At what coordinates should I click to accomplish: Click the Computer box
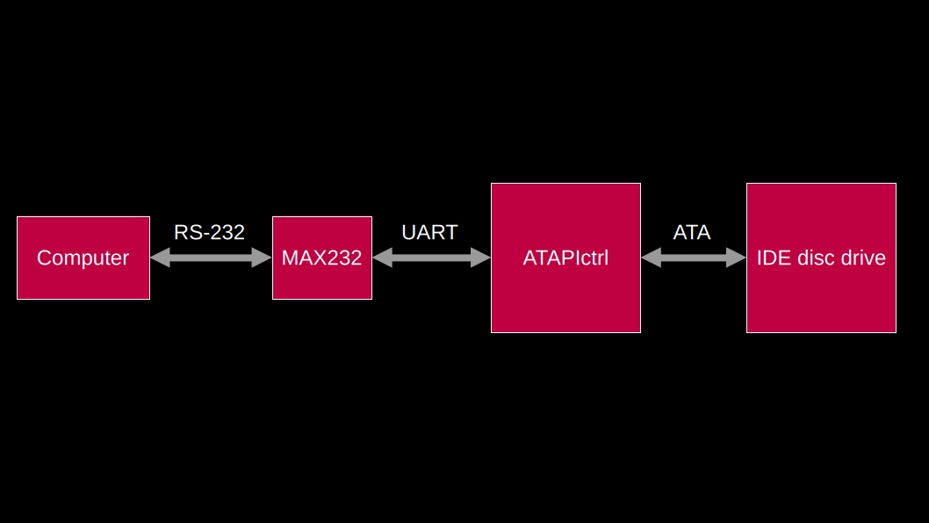click(83, 258)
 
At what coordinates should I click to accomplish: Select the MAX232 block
click(321, 258)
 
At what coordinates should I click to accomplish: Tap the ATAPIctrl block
click(565, 258)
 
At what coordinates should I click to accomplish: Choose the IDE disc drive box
click(821, 258)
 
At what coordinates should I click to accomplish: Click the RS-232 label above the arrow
click(209, 232)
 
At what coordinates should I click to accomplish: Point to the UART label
click(429, 232)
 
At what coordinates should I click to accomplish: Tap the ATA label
click(692, 232)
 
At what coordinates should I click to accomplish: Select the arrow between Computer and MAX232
click(211, 258)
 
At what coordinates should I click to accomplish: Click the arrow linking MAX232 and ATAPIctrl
click(431, 258)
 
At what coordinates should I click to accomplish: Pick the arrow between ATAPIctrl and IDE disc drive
click(694, 258)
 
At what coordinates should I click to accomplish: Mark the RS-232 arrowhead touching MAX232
click(263, 258)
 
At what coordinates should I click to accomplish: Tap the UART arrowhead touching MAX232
click(382, 258)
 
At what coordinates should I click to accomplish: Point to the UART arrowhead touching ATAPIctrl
click(481, 258)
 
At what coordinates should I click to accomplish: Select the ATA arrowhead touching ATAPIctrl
click(651, 258)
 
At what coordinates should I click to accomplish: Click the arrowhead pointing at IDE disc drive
click(737, 258)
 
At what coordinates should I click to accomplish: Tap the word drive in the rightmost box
click(864, 258)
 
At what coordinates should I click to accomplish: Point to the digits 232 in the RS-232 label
click(227, 232)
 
